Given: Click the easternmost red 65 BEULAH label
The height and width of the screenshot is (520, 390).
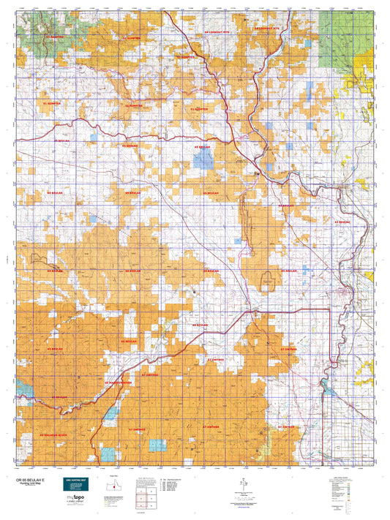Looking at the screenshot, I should click(344, 221).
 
